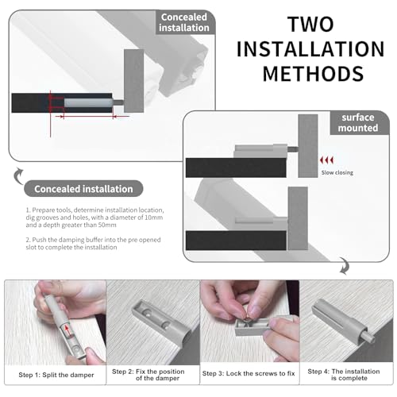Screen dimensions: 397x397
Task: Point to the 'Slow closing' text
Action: tap(337, 172)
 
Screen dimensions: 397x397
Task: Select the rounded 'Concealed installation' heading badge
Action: tap(83, 189)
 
